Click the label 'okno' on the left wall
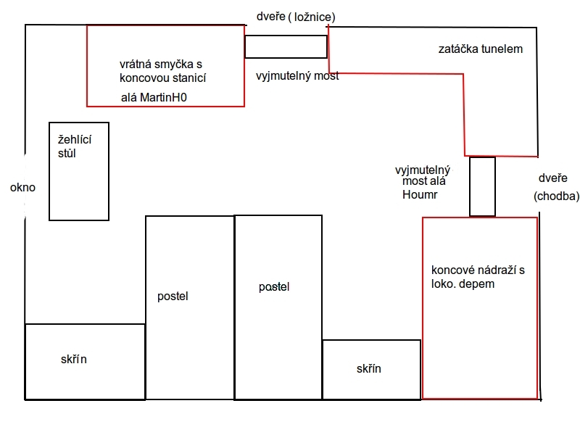[x=22, y=188]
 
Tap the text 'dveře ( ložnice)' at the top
[x=296, y=17]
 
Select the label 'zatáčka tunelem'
[x=481, y=49]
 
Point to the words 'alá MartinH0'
[x=154, y=97]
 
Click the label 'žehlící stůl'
[x=75, y=146]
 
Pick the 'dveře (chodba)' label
[x=556, y=187]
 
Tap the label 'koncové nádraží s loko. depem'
[x=478, y=277]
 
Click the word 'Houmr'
[x=420, y=194]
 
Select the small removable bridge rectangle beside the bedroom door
[x=286, y=46]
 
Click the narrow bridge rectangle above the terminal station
[x=482, y=186]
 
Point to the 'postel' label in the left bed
[x=173, y=296]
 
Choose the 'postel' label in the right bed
[x=274, y=286]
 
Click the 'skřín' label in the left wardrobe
[x=74, y=359]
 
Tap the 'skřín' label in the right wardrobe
[x=369, y=368]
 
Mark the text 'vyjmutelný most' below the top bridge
[x=297, y=76]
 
